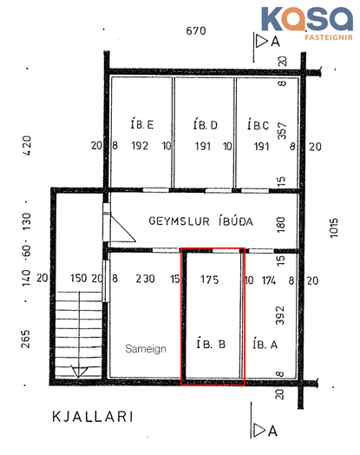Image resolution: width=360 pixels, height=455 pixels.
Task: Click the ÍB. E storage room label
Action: (141, 124)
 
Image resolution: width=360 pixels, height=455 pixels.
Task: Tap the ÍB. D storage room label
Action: (206, 124)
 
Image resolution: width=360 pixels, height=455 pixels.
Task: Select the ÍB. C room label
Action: (258, 125)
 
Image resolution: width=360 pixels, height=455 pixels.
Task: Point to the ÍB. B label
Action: (211, 344)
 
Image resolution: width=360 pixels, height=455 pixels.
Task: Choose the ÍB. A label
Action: (265, 344)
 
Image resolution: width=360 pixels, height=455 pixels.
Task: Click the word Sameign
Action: (146, 348)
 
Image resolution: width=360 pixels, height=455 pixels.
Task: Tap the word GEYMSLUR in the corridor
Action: (179, 221)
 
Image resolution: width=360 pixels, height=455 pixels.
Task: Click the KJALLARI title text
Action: (93, 417)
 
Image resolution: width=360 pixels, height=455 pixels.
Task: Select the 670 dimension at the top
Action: (196, 30)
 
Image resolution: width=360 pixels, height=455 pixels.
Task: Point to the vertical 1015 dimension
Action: (334, 227)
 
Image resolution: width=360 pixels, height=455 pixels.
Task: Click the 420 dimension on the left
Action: (27, 146)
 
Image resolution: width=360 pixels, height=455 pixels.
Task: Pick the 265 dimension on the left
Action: (25, 339)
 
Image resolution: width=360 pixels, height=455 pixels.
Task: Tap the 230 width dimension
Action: (145, 279)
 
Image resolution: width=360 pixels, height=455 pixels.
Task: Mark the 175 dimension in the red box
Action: (209, 280)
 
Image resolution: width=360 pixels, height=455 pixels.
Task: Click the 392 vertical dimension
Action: (279, 315)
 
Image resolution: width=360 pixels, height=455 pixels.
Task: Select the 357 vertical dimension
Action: (282, 131)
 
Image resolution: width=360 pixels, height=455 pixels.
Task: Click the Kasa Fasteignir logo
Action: (307, 23)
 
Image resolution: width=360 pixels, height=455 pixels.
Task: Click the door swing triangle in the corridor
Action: (121, 227)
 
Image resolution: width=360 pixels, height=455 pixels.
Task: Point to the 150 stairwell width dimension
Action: (78, 278)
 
